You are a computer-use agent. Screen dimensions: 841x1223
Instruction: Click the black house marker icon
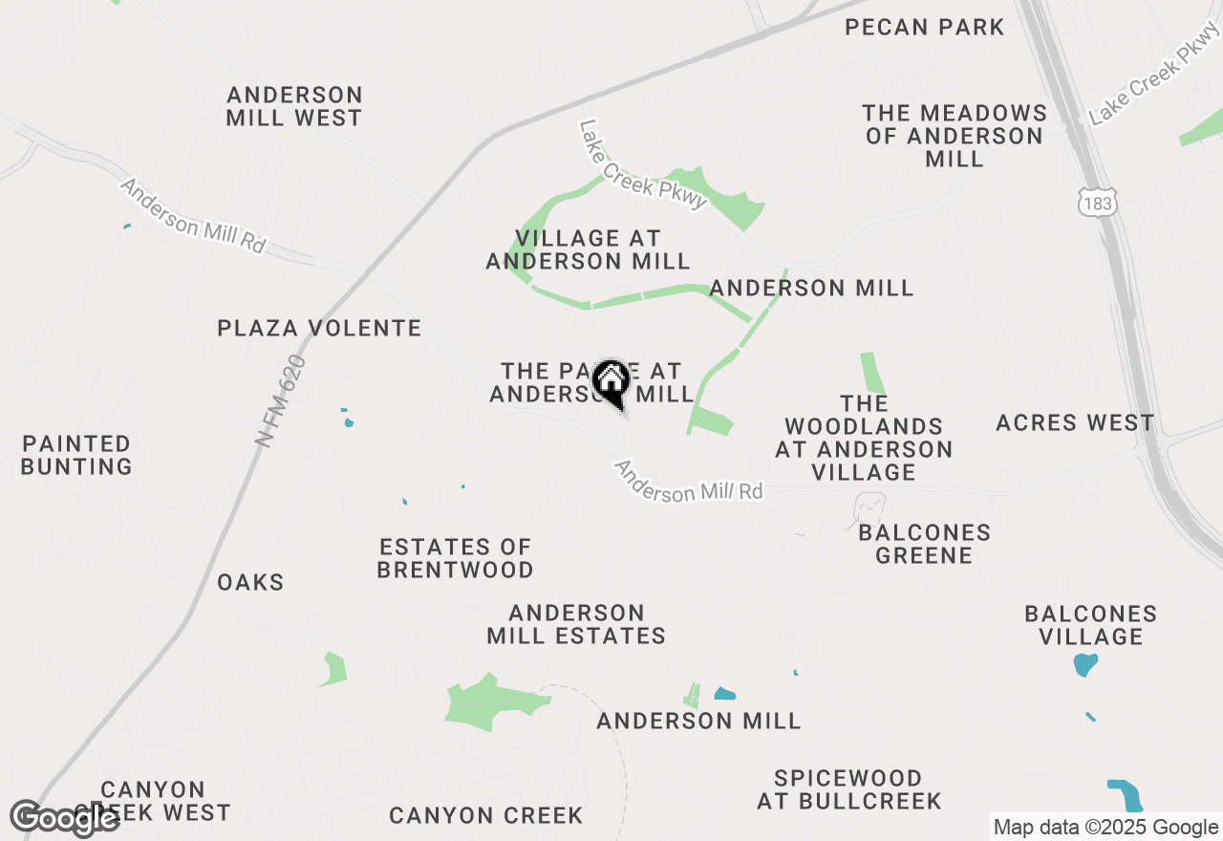(611, 382)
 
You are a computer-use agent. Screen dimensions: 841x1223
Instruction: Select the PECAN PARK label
(925, 27)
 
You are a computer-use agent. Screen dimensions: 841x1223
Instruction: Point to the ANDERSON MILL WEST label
(294, 107)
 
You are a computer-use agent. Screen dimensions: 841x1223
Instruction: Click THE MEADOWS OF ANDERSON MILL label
(955, 136)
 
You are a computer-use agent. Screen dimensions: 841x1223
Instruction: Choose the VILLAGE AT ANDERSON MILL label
(588, 249)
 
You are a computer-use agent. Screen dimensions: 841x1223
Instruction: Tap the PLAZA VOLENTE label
(319, 329)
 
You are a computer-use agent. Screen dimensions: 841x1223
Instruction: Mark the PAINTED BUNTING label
(76, 455)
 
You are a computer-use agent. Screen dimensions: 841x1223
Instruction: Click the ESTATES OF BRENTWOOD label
(456, 558)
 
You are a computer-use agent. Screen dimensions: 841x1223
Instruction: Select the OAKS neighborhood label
(250, 582)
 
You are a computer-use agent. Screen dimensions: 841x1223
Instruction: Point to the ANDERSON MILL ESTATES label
(576, 624)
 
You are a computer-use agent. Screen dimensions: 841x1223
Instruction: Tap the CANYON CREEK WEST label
(153, 802)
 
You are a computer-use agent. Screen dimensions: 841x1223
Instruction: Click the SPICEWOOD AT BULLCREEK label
(849, 789)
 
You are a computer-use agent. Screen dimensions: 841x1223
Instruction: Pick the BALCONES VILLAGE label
(1090, 625)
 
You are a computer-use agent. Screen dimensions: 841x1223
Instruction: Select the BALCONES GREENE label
(924, 544)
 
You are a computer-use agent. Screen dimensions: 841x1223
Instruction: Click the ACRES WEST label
(1075, 422)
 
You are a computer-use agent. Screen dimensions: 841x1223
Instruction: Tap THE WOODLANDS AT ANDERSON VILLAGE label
(864, 438)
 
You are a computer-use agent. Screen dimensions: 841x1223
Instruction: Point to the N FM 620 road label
(281, 401)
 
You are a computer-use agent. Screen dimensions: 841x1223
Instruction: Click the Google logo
(65, 818)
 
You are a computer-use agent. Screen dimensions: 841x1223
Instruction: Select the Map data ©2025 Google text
(1105, 828)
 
